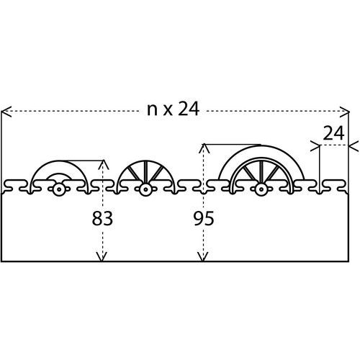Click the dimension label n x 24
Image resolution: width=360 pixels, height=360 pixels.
[x=173, y=109]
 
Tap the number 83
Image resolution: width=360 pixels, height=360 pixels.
[x=102, y=218]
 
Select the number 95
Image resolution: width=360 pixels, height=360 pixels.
[x=204, y=219]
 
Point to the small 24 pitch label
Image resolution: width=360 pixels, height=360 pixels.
[x=333, y=133]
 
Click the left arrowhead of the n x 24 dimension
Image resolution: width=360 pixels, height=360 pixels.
[x=6, y=112]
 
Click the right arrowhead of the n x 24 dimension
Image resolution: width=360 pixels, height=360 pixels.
[x=344, y=112]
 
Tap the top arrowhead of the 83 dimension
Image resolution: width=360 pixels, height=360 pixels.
[x=104, y=165]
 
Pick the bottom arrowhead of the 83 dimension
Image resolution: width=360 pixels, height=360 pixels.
[x=102, y=256]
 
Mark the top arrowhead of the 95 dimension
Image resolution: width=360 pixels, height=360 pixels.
[x=204, y=148]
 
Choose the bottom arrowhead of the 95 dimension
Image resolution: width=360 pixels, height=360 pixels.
[x=203, y=256]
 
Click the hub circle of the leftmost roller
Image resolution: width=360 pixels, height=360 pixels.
[x=58, y=189]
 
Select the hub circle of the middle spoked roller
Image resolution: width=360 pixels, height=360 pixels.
[x=145, y=189]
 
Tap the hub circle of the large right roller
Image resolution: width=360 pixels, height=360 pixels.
[x=261, y=189]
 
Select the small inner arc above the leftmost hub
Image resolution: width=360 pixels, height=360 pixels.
[x=58, y=174]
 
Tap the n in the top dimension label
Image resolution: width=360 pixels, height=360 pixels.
[x=152, y=111]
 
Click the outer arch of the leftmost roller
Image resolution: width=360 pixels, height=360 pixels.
[x=59, y=162]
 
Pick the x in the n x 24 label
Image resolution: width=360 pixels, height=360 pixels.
[x=168, y=112]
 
